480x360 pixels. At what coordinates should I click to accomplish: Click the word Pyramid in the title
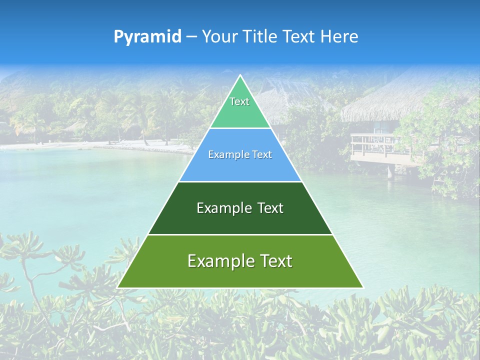147,36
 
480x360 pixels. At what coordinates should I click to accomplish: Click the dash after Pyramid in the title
191,37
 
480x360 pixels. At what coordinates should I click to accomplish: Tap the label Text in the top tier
239,101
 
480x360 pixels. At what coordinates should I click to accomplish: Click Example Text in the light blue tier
240,154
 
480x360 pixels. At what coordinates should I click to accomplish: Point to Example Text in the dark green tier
240,208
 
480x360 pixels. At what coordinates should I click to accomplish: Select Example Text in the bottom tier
240,261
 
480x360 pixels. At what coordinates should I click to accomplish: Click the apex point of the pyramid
240,76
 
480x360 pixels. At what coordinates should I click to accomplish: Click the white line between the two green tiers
240,234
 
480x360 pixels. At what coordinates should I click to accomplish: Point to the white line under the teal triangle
240,128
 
